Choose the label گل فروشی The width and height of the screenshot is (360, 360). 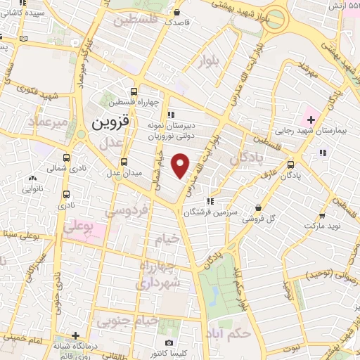tap(259, 219)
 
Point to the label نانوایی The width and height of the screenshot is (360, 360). tap(32, 188)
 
